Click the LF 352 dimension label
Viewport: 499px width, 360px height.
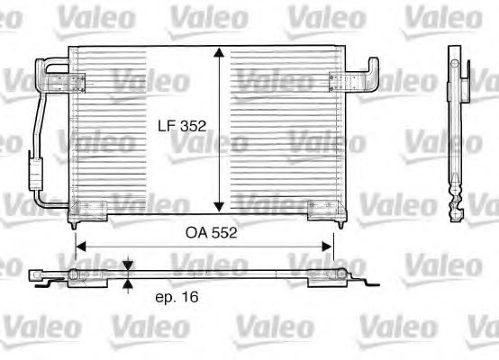pos(178,128)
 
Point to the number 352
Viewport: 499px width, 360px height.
pos(190,128)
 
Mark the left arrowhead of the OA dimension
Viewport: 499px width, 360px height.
pos(81,243)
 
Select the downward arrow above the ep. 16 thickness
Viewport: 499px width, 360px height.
pos(127,266)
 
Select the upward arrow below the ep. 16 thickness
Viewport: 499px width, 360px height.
pos(127,286)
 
